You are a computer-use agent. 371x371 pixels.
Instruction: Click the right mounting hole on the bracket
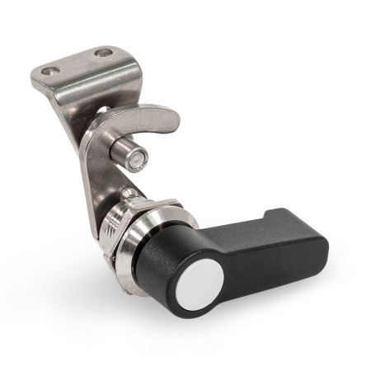(x=104, y=54)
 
